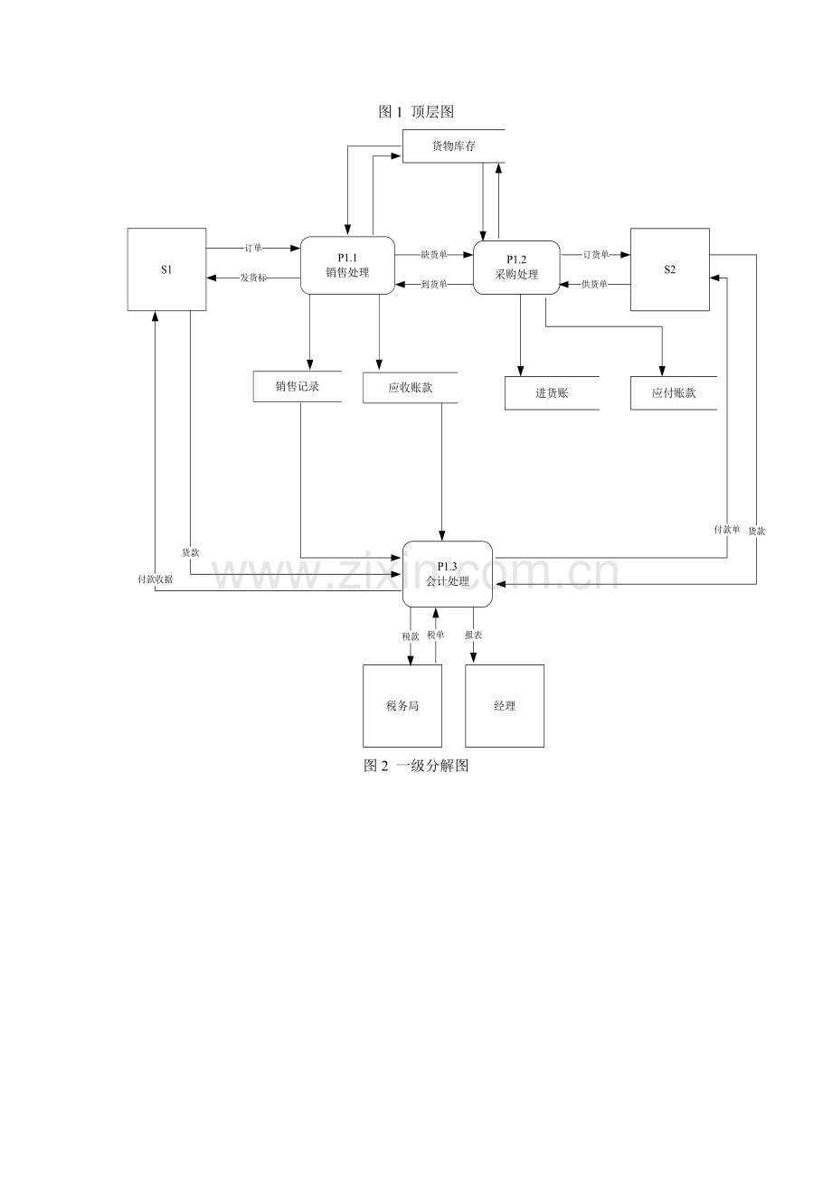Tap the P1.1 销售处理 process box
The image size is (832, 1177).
click(347, 266)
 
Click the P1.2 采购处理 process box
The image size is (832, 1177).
click(516, 268)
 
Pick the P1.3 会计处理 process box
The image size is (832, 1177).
click(448, 574)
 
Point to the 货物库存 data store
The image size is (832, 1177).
click(454, 146)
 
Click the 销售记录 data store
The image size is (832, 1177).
click(298, 386)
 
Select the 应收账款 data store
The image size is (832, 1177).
click(410, 388)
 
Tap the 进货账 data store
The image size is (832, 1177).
click(552, 393)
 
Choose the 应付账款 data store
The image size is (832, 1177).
click(674, 393)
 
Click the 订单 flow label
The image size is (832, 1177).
click(253, 248)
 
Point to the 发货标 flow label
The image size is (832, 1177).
click(253, 278)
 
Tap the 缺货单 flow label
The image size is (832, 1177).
click(434, 254)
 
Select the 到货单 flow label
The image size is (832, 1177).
click(434, 284)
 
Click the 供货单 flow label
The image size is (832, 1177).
click(594, 284)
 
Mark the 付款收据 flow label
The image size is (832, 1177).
click(155, 579)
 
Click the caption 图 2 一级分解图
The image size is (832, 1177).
click(416, 766)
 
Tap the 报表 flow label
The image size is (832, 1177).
click(473, 635)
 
